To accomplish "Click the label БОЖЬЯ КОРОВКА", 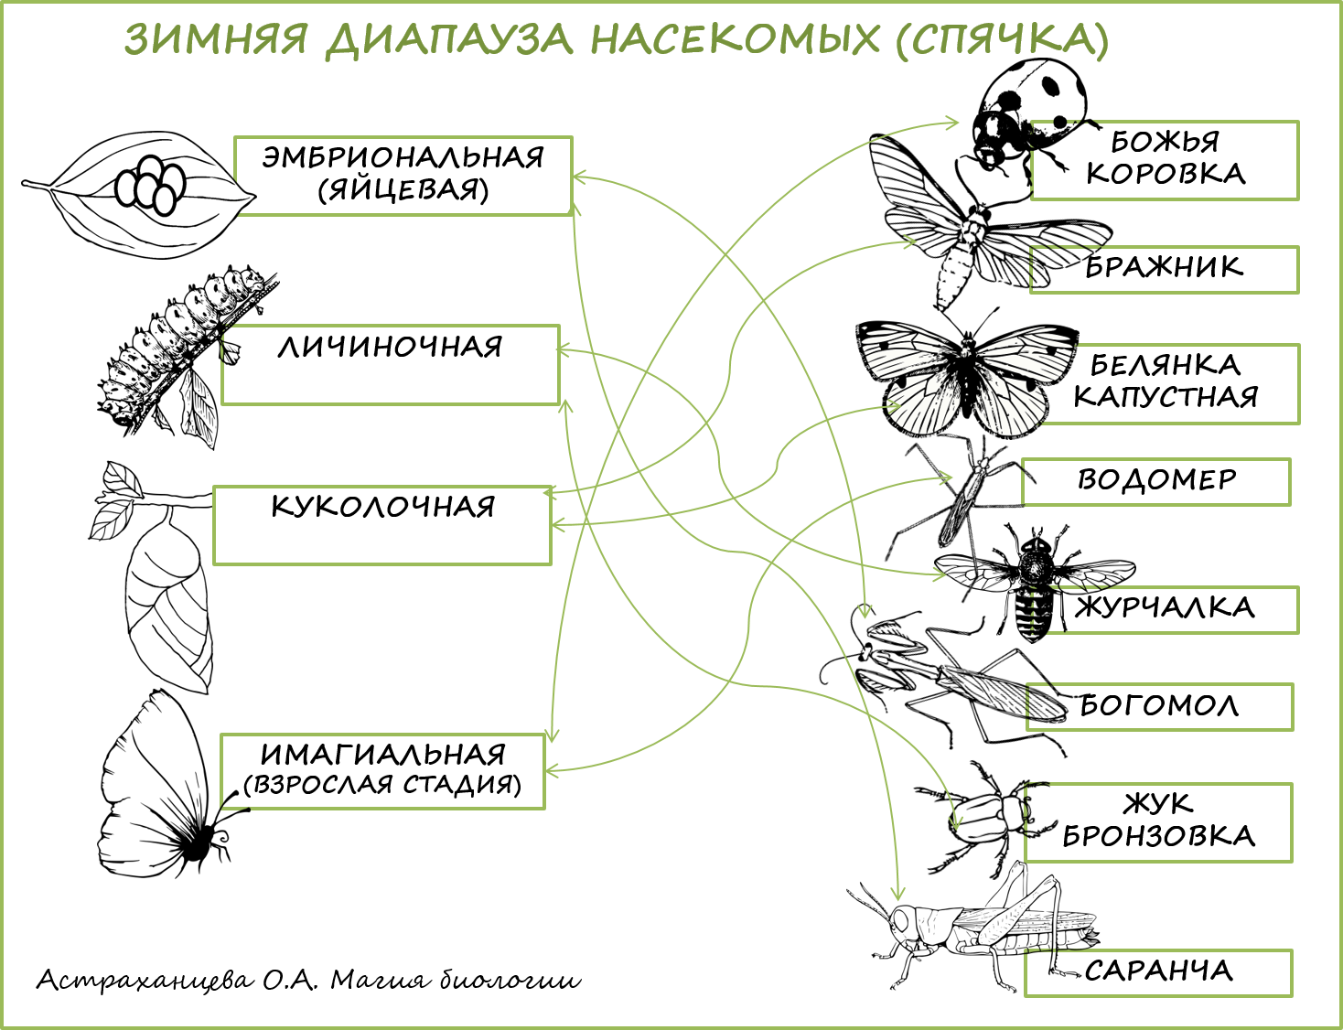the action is pyautogui.click(x=1165, y=160).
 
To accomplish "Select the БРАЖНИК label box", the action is pyautogui.click(x=1165, y=269).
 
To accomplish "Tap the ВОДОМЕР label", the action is pyautogui.click(x=1156, y=481).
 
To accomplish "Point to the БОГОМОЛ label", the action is pyautogui.click(x=1159, y=706).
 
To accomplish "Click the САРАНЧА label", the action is pyautogui.click(x=1158, y=972).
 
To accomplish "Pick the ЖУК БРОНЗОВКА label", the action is pyautogui.click(x=1158, y=821).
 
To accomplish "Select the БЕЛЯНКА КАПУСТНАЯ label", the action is pyautogui.click(x=1167, y=383).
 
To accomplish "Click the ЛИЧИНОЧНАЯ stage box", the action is pyautogui.click(x=391, y=364).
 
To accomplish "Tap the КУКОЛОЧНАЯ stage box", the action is pyautogui.click(x=382, y=524).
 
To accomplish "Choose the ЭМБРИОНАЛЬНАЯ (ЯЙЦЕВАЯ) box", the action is pyautogui.click(x=403, y=176).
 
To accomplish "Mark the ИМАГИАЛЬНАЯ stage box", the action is pyautogui.click(x=382, y=770).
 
